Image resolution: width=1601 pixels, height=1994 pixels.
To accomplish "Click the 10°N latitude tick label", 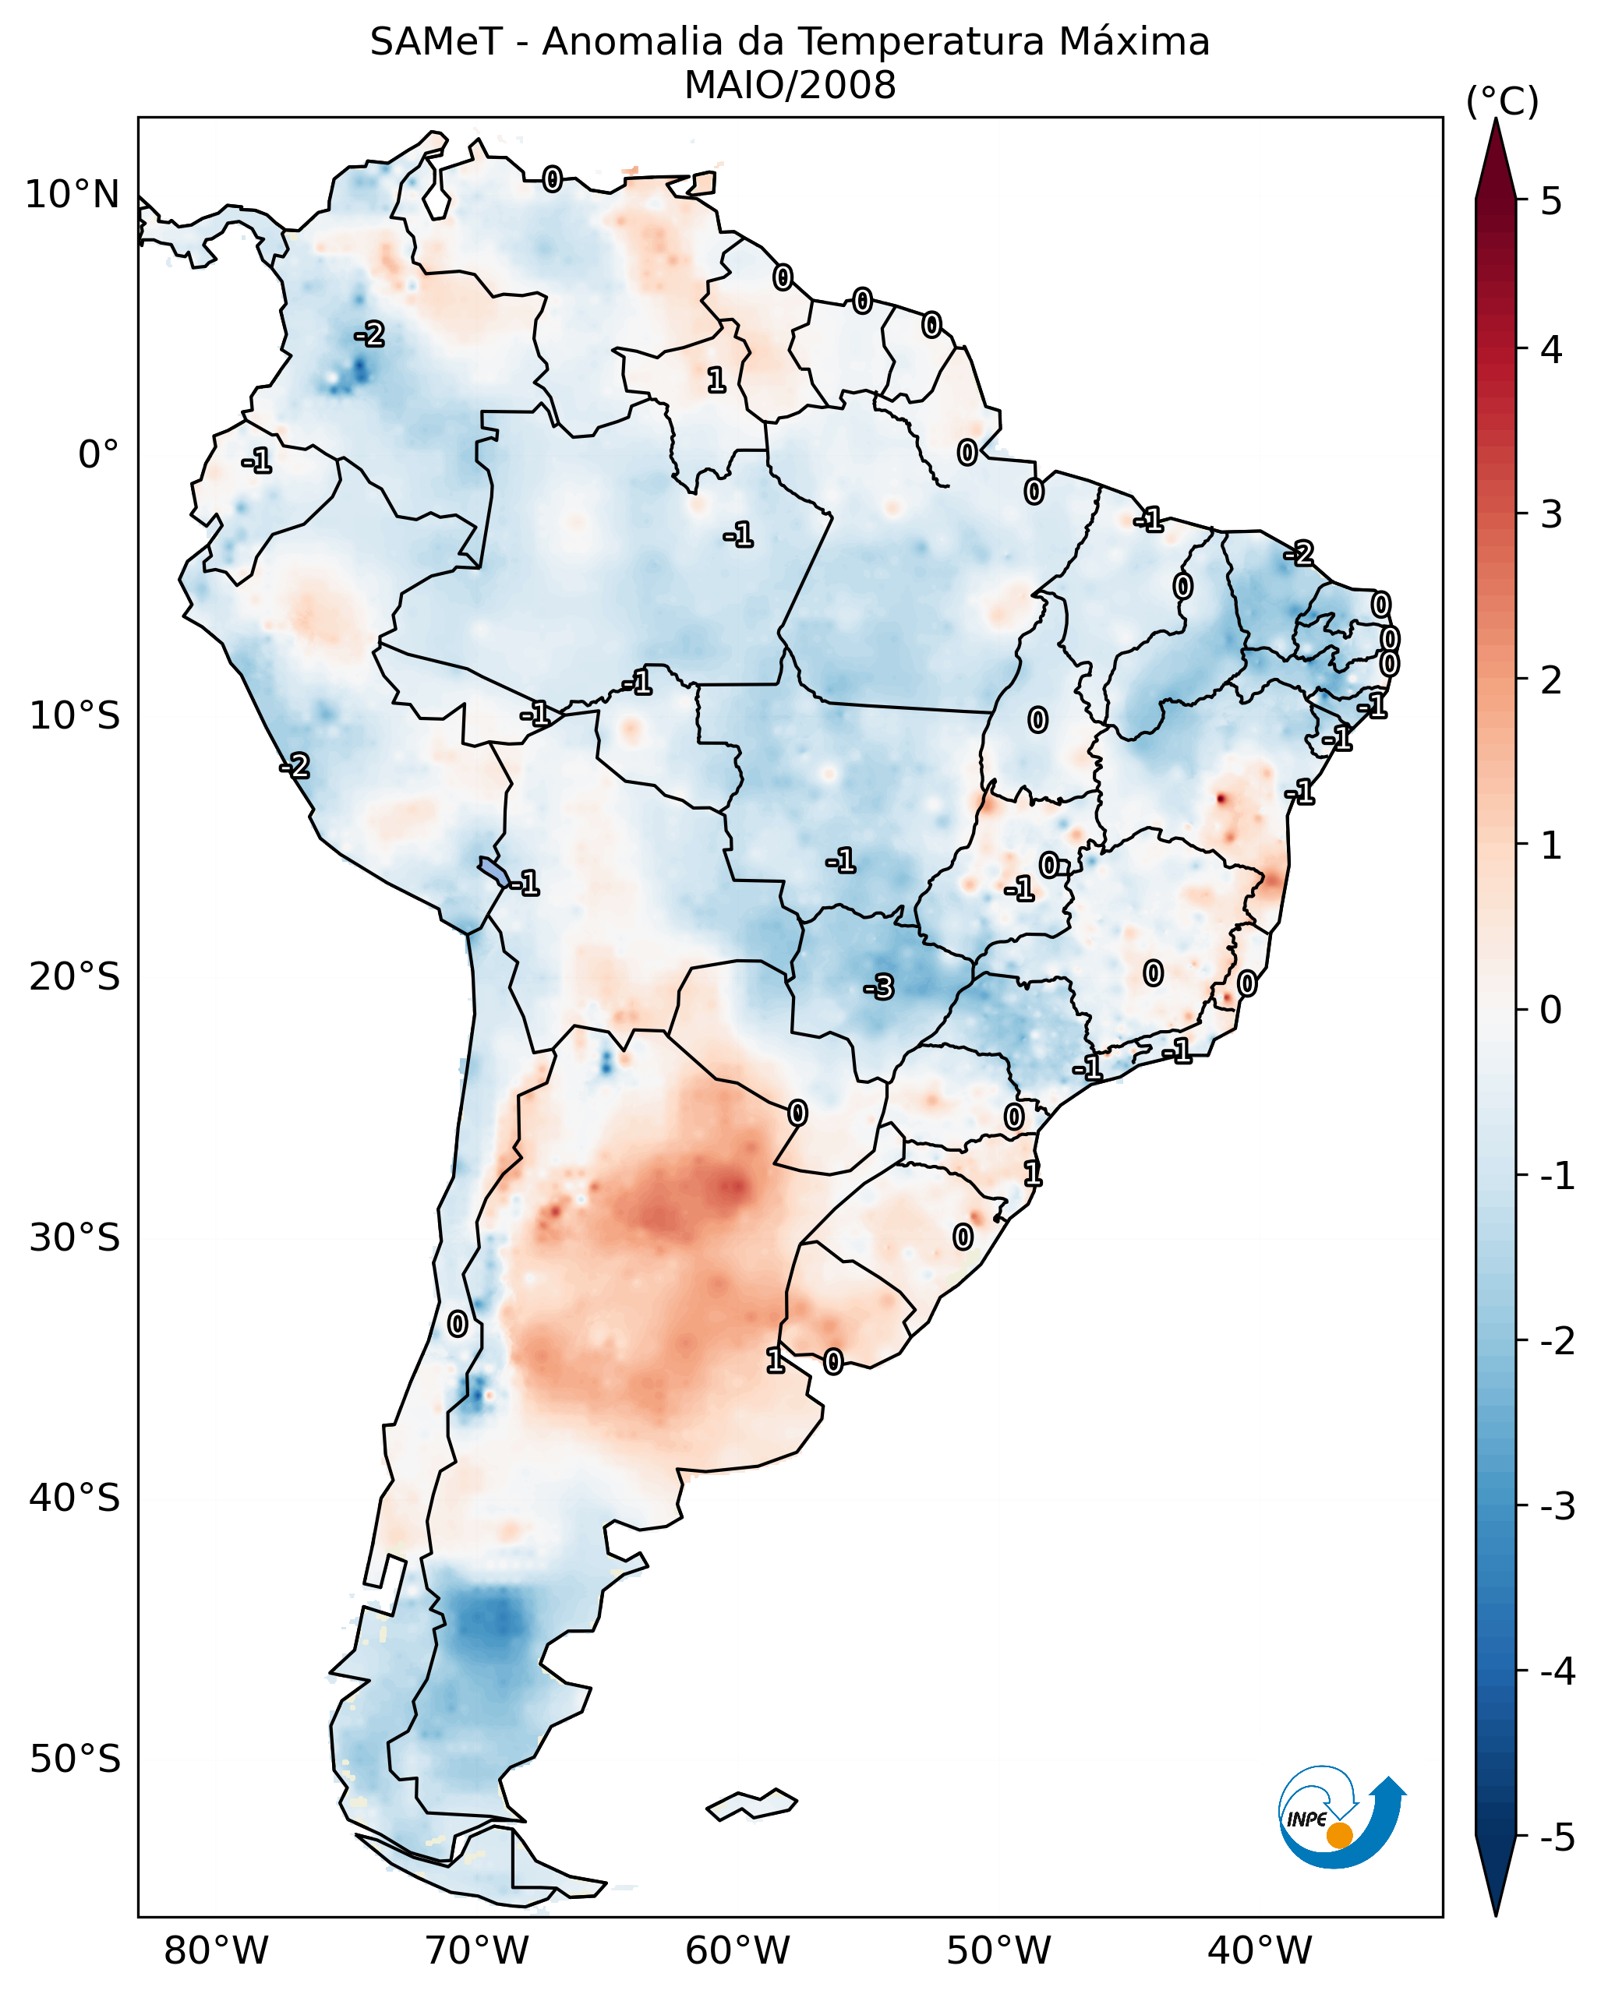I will point(72,195).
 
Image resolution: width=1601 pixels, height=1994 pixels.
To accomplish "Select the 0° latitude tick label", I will point(98,455).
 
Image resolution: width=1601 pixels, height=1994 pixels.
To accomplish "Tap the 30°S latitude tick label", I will point(74,1237).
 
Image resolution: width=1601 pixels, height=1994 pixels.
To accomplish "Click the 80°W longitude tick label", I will point(215,1950).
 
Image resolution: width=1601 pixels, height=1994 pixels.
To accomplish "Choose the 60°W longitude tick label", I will point(737,1950).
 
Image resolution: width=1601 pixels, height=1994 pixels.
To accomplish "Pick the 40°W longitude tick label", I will point(1259,1950).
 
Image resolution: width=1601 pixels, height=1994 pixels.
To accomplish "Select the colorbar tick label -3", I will point(1557,1506).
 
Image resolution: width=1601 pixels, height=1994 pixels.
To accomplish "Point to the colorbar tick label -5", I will point(1557,1837).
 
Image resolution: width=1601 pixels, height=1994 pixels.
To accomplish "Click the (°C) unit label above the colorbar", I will point(1502,102).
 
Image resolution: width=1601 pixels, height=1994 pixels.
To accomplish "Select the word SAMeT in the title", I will point(436,43).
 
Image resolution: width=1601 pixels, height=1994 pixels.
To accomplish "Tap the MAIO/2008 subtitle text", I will point(790,86).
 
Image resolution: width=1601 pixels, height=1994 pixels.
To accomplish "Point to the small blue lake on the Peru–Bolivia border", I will point(493,870).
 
